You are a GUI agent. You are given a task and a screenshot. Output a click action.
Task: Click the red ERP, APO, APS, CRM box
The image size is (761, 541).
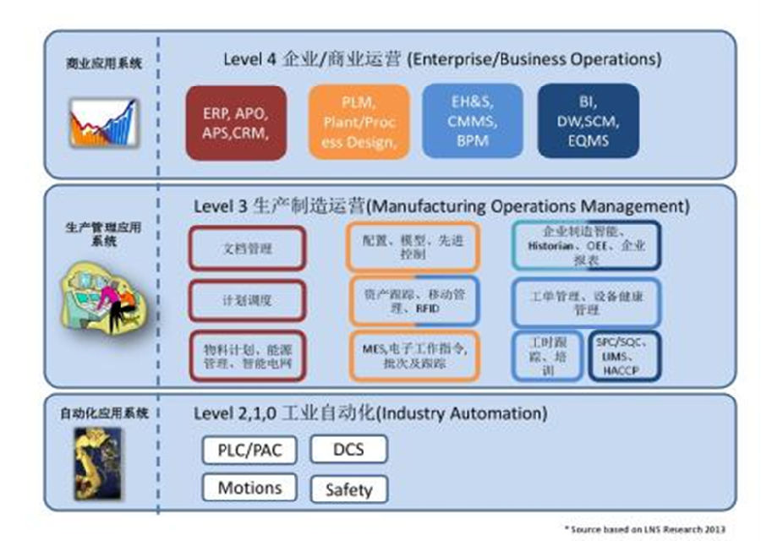(236, 123)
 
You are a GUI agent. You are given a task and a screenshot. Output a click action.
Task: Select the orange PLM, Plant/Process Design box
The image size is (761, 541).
(358, 123)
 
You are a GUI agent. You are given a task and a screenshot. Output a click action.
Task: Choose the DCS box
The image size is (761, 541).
(348, 449)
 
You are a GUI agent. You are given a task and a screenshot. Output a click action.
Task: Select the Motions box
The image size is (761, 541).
(249, 488)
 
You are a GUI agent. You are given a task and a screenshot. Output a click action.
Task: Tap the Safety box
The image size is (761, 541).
(348, 489)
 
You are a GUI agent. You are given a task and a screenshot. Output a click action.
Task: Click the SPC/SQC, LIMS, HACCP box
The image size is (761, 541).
(625, 356)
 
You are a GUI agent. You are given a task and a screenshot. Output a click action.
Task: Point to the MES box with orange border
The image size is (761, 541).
(413, 356)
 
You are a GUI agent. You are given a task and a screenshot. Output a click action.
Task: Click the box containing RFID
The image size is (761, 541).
(413, 301)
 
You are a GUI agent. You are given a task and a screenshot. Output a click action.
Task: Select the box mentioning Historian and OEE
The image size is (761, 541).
(586, 246)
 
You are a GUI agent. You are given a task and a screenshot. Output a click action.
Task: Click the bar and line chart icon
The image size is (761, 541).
(101, 123)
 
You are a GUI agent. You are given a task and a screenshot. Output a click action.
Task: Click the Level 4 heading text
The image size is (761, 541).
(441, 60)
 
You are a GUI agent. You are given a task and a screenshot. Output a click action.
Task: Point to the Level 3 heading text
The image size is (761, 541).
(441, 206)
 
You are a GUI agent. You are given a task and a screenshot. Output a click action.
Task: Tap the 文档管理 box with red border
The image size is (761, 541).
(247, 249)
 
